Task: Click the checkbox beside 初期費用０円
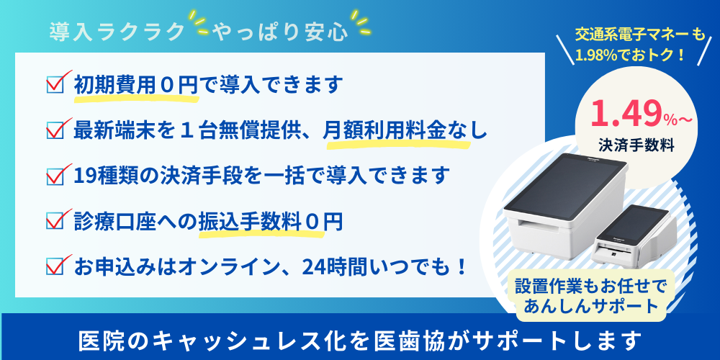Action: pos(55,84)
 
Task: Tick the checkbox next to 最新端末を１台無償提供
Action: pos(55,130)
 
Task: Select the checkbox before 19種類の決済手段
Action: pos(55,176)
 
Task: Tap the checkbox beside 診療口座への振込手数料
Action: pos(55,221)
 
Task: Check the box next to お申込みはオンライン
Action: pos(55,267)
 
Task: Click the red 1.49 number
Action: pos(626,114)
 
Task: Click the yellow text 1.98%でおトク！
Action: pos(631,55)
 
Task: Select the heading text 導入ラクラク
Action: pos(117,32)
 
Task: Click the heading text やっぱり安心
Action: pos(280,32)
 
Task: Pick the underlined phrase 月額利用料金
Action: pos(384,131)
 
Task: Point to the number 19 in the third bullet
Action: pos(84,176)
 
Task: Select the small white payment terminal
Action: pos(633,235)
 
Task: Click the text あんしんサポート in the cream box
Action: pos(590,305)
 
